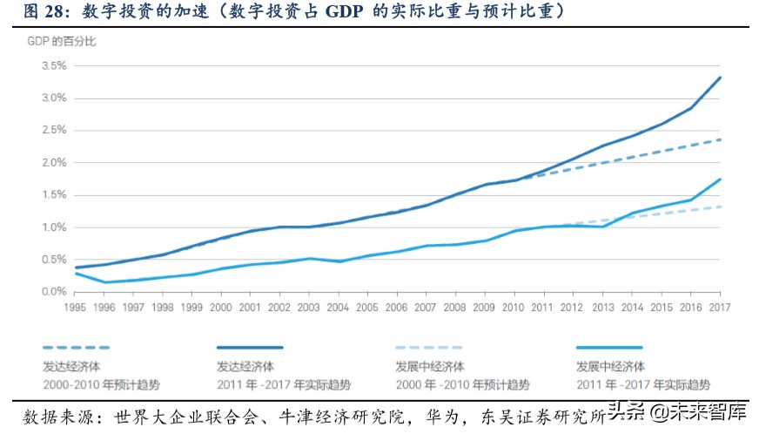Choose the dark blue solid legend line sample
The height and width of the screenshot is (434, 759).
252,346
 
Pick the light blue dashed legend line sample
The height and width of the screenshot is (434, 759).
430,346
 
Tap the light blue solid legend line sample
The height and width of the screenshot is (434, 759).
608,346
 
